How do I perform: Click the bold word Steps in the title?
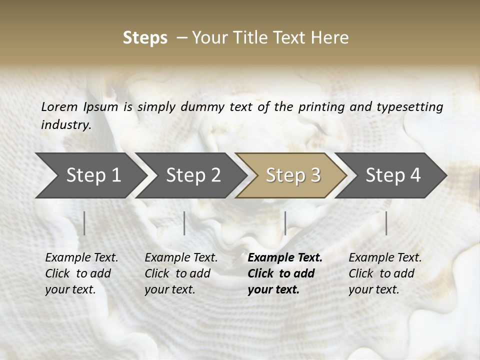pyautogui.click(x=145, y=38)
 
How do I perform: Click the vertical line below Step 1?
pyautogui.click(x=84, y=223)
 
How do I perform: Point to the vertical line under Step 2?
pyautogui.click(x=184, y=223)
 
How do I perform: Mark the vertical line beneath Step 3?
pyautogui.click(x=285, y=223)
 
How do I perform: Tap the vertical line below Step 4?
pyautogui.click(x=386, y=223)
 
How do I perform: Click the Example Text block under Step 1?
pyautogui.click(x=81, y=273)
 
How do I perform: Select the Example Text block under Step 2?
pyautogui.click(x=181, y=273)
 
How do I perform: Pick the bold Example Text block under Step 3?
pyautogui.click(x=285, y=273)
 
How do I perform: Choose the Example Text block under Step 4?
pyautogui.click(x=385, y=273)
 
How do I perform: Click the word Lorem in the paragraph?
pyautogui.click(x=59, y=107)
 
